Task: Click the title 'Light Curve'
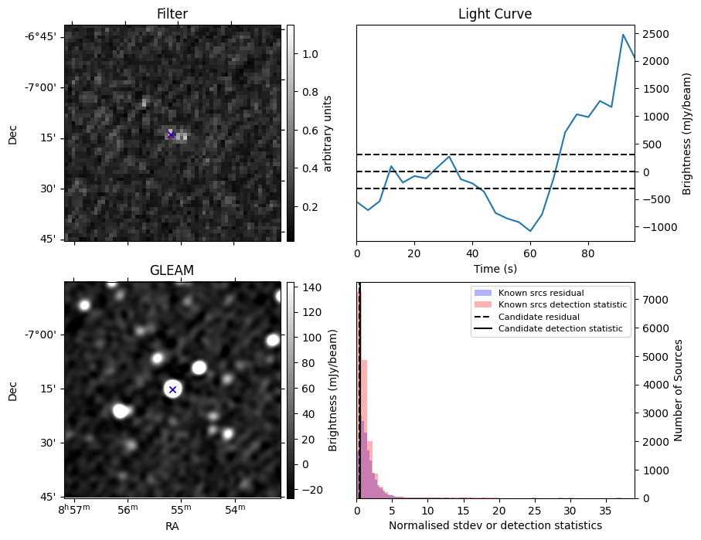pyautogui.click(x=495, y=14)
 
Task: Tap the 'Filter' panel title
pyautogui.click(x=172, y=14)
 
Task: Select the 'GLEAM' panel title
pyautogui.click(x=172, y=270)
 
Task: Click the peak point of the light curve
pyautogui.click(x=623, y=35)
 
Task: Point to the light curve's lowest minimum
pyautogui.click(x=530, y=231)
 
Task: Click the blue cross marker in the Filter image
pyautogui.click(x=171, y=134)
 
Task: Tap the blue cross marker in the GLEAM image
pyautogui.click(x=172, y=389)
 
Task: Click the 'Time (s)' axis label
pyautogui.click(x=495, y=269)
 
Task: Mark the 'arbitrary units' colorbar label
pyautogui.click(x=328, y=133)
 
